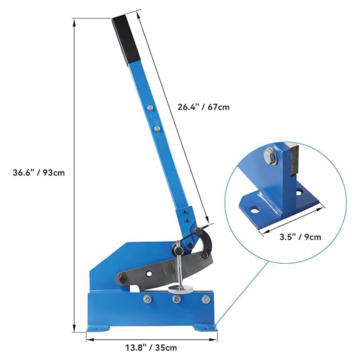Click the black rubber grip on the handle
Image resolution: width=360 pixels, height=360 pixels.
124,40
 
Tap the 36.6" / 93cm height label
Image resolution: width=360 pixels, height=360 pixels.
39,173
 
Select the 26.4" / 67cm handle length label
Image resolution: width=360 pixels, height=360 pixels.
203,107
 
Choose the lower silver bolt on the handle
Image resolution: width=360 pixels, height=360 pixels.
156,129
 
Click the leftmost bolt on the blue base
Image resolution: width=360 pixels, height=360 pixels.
146,299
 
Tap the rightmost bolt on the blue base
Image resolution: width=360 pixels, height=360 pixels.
206,299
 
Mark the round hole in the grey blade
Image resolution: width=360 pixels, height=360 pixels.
148,274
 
